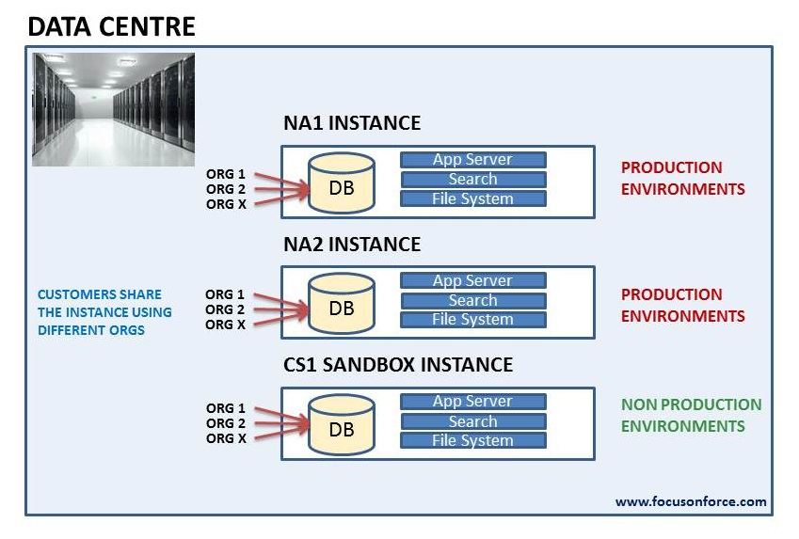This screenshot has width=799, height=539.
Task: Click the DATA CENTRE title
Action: pyautogui.click(x=111, y=25)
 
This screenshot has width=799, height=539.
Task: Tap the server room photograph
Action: pyautogui.click(x=113, y=109)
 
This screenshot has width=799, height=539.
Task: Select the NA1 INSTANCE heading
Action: pyautogui.click(x=352, y=123)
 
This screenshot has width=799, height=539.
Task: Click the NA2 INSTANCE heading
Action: pyautogui.click(x=352, y=245)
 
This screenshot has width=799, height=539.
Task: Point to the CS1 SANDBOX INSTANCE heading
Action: pyautogui.click(x=398, y=365)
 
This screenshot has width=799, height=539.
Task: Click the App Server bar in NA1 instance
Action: pyautogui.click(x=473, y=160)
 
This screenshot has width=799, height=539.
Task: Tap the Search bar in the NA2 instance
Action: pyautogui.click(x=473, y=300)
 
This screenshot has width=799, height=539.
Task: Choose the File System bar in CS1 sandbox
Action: pyautogui.click(x=473, y=440)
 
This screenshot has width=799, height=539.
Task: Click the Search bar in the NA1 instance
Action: pyautogui.click(x=473, y=179)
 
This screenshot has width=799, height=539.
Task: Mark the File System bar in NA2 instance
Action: pyautogui.click(x=473, y=320)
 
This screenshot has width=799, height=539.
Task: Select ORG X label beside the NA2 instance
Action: pyautogui.click(x=226, y=325)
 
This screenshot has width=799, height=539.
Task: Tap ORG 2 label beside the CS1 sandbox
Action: pyautogui.click(x=226, y=423)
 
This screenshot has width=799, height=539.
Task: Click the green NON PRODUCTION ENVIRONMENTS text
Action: pyautogui.click(x=691, y=415)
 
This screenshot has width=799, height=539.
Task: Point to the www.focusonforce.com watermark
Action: pyautogui.click(x=691, y=501)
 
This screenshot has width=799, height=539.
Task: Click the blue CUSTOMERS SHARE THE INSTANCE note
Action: pyautogui.click(x=104, y=312)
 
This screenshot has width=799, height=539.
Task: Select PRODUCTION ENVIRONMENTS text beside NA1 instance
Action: pyautogui.click(x=682, y=178)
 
